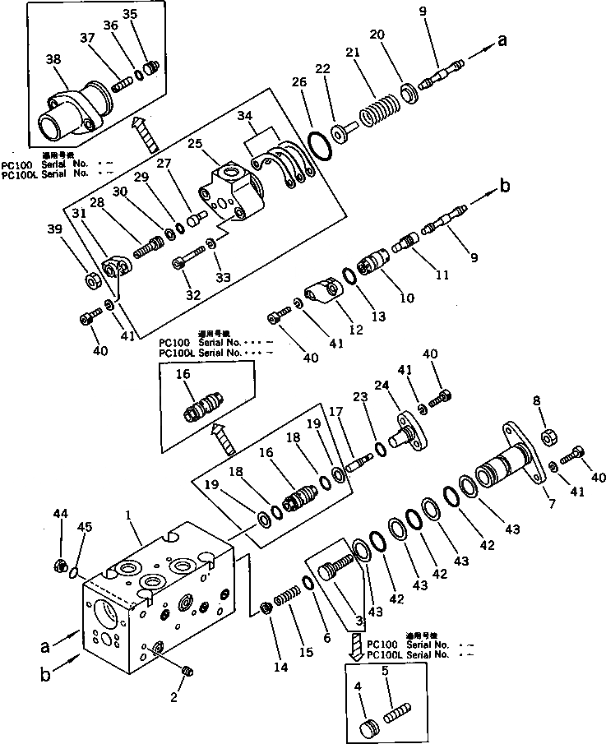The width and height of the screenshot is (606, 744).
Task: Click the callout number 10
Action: (x=406, y=298)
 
